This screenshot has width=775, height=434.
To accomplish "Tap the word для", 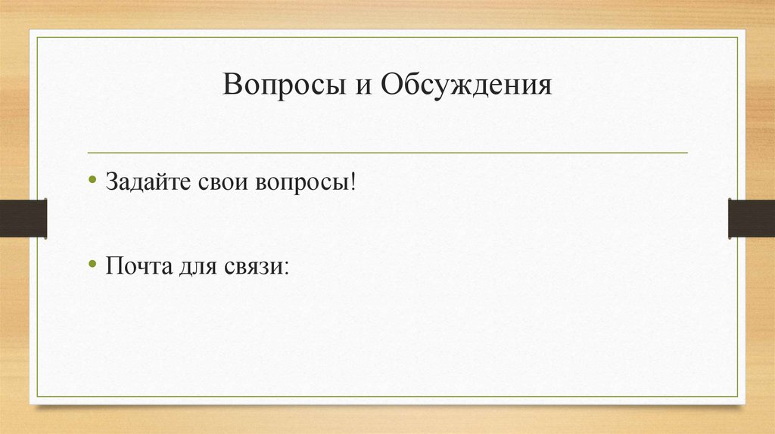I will pos(198,268).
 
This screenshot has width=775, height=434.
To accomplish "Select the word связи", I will pos(254,267).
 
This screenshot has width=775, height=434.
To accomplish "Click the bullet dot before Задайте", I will pos(92,181).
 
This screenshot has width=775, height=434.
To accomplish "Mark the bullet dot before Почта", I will pos(92,264).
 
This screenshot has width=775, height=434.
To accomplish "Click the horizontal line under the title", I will pos(387,153).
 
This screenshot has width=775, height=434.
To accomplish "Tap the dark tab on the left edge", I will pos(23,218).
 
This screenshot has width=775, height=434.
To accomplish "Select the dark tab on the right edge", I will pos(752,218).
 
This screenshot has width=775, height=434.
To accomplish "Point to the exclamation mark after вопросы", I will pos(353,183).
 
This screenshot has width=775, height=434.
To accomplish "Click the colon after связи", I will pos(287,268).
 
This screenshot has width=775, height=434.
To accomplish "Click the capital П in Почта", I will pos(114,266).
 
